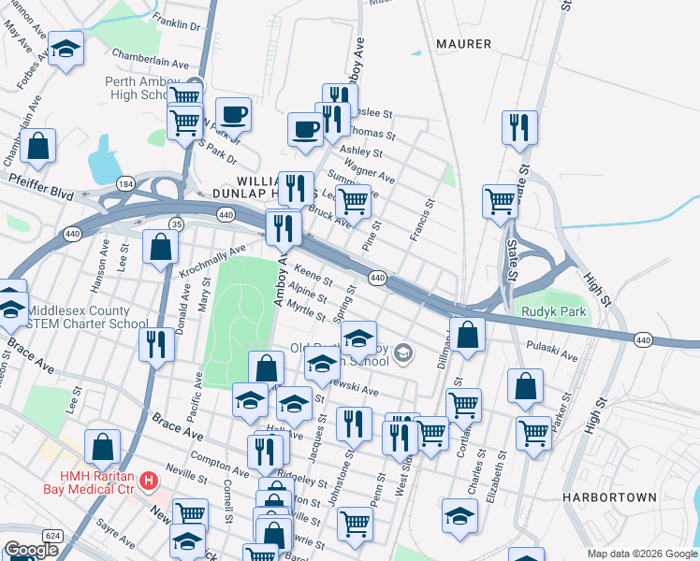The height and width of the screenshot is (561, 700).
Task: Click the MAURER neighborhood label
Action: tap(463, 44)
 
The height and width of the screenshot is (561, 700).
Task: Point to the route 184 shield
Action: tap(125, 183)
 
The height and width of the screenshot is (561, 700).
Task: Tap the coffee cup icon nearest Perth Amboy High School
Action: tap(233, 115)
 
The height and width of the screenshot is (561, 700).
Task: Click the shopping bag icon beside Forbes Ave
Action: tap(38, 146)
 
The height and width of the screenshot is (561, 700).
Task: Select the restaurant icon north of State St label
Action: tap(518, 127)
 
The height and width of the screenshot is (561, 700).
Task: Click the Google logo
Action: tap(31, 550)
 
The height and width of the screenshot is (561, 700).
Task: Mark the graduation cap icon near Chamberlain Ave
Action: tap(66, 50)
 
